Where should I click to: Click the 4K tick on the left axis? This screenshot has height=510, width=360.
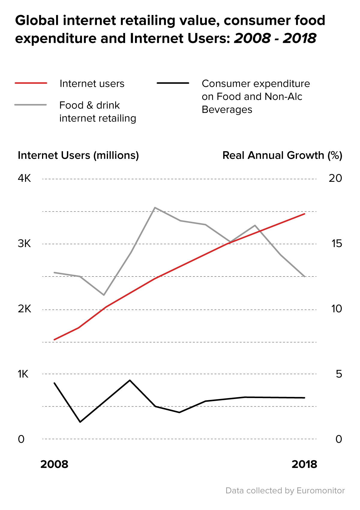pos(24,178)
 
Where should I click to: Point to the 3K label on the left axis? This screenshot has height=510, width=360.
pos(24,244)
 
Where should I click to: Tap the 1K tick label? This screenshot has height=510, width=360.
pos(23,374)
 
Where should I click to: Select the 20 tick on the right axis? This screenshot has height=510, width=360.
pos(335,178)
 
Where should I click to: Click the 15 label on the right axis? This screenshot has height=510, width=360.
pos(337,244)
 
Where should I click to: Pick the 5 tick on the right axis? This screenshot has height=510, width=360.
pos(339,374)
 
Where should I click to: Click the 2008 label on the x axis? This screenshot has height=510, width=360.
pos(54,464)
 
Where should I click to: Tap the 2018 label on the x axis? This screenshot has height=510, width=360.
pos(304,464)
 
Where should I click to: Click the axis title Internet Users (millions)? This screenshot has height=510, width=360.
pos(78,155)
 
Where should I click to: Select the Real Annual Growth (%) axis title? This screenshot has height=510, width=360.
pos(282,155)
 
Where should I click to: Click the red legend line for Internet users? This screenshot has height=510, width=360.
pos(31,83)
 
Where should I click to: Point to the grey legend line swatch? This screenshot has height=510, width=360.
pos(31,105)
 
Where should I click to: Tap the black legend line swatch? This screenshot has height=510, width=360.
pos(173,83)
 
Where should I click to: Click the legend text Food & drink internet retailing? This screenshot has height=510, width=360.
pos(97,112)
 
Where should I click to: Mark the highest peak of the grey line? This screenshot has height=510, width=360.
pos(154,208)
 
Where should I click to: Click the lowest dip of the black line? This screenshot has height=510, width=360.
pos(80,422)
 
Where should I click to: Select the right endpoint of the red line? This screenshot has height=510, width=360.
pos(304,214)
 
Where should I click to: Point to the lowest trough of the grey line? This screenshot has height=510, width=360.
pos(104,295)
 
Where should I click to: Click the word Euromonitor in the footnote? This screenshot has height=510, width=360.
pos(320,491)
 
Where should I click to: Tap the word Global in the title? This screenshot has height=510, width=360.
pos(37,21)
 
